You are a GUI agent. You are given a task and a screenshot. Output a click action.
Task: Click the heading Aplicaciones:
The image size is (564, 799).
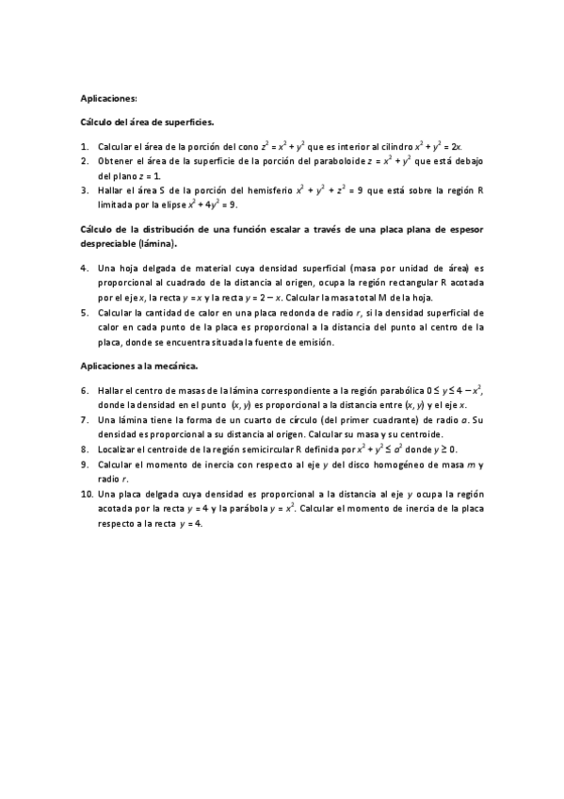109,98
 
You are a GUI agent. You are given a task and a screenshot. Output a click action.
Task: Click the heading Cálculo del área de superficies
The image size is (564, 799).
147,122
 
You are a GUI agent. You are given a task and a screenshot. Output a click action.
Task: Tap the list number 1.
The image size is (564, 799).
85,147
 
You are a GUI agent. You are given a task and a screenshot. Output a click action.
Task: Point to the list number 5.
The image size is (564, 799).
85,313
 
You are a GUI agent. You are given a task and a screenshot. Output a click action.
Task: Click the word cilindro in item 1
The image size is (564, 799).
396,147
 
